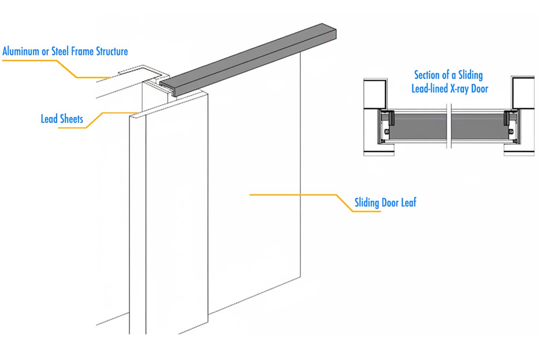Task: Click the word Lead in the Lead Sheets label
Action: pos(49,119)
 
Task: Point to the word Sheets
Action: pos(72,119)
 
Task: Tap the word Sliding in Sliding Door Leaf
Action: pos(367,202)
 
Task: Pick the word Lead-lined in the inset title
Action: pos(430,88)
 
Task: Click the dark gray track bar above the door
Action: pos(252,58)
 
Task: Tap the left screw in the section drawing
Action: pos(386,132)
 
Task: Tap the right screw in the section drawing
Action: pos(511,132)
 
